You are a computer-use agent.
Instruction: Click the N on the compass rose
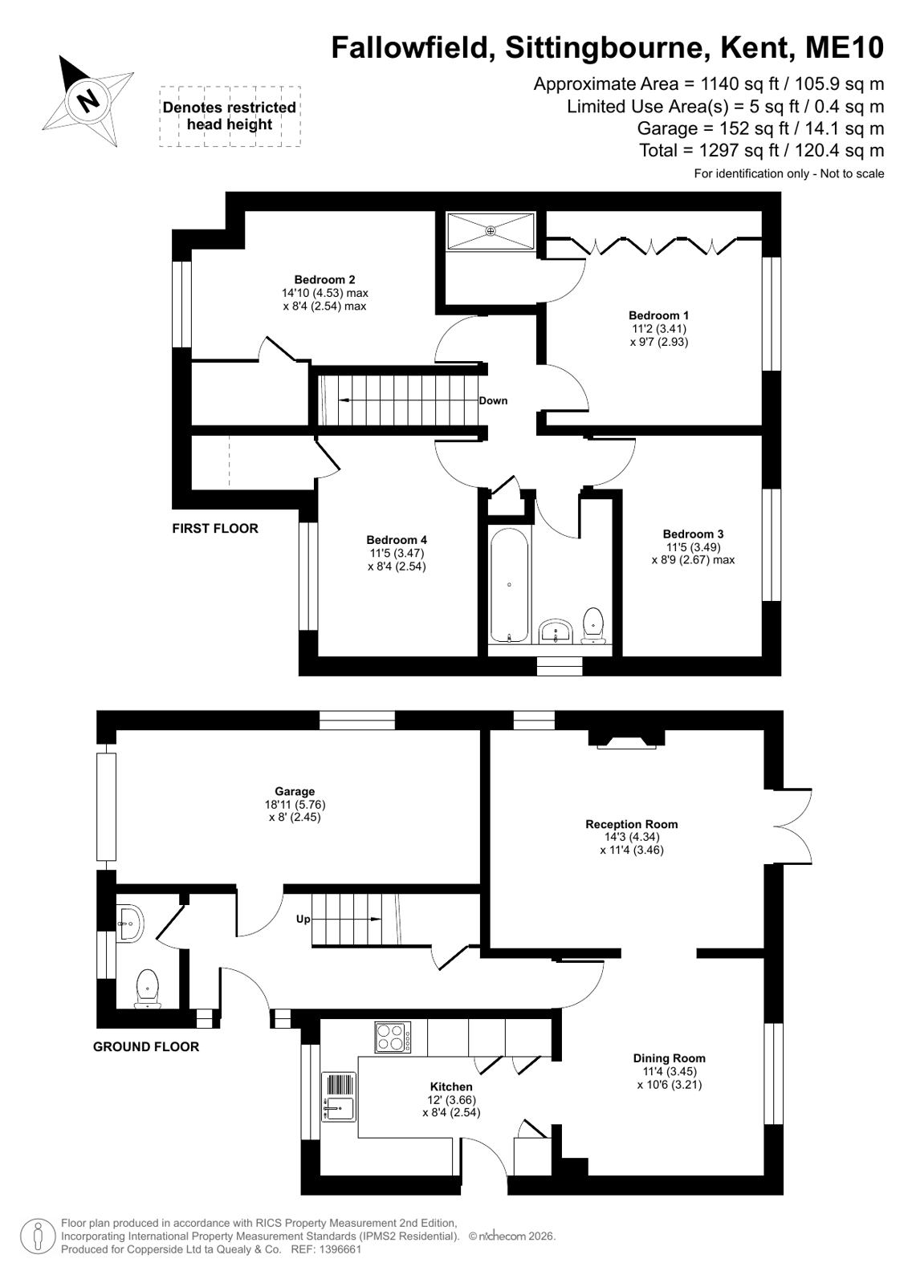88,101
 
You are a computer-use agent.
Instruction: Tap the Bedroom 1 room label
658,315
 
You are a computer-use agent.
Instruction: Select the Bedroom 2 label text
324,279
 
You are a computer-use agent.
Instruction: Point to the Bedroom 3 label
693,534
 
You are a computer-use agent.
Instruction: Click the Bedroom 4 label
397,539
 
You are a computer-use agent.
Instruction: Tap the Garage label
295,792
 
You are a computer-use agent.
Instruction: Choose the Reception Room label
632,824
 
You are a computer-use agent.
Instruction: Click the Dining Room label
669,1058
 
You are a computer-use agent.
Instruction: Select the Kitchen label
451,1086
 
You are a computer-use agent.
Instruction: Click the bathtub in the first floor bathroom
509,585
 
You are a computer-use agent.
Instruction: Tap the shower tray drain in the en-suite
491,231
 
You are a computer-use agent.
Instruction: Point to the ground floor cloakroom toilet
148,988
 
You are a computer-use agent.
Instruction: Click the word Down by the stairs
493,401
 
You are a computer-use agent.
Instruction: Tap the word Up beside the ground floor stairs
303,920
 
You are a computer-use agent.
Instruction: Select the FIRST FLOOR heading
215,529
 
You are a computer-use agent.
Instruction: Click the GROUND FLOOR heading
146,1047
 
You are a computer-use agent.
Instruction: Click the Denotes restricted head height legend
230,116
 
